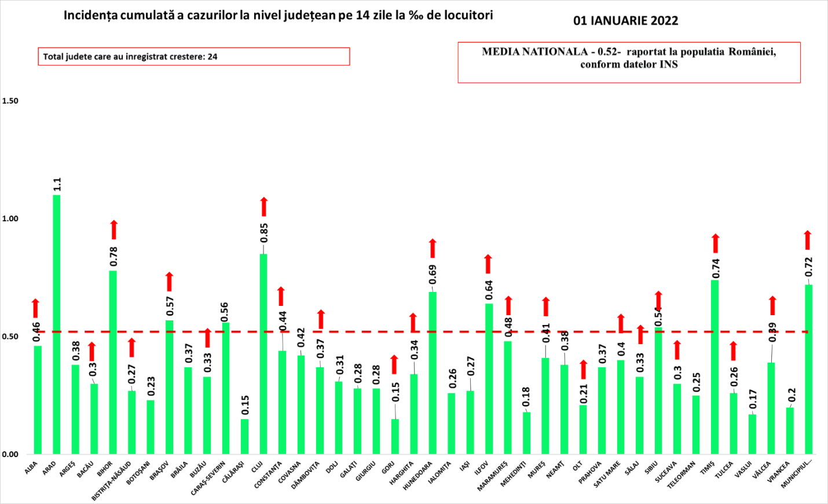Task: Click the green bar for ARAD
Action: tap(57, 324)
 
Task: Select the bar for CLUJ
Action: tap(263, 353)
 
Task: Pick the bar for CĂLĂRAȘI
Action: tap(244, 436)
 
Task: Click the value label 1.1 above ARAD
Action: tap(57, 184)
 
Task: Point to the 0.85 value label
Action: tap(264, 233)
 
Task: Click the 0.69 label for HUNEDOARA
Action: tap(433, 275)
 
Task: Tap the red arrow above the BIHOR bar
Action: tap(114, 230)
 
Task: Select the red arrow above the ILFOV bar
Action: tap(488, 264)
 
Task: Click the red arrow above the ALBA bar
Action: tap(35, 308)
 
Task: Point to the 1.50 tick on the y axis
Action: tap(10, 101)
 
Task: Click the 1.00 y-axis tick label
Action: tap(10, 219)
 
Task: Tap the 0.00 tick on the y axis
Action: tap(10, 454)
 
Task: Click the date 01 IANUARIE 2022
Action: tap(625, 21)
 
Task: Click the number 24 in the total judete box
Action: tap(213, 57)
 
